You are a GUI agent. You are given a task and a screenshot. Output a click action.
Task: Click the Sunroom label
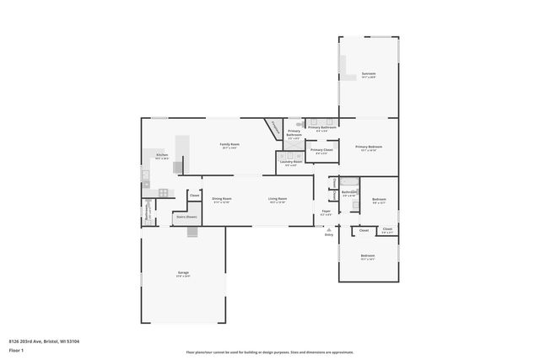pos(368,74)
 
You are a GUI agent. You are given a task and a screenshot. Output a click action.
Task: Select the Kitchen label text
pos(162,155)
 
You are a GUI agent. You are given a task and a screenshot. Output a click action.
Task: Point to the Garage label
pos(183,272)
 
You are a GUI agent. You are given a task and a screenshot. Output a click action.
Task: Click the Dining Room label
pos(221,199)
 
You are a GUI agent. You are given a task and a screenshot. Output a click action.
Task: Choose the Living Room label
pos(278,199)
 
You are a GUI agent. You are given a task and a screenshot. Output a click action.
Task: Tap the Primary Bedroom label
pos(368,147)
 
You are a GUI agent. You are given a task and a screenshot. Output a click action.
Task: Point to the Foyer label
pos(326,211)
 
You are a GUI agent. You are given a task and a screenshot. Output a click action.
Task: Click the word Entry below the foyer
pos(329,234)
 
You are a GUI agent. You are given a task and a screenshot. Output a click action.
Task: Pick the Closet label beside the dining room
pos(194,196)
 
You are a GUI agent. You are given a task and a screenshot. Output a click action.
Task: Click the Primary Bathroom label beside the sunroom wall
pos(321,127)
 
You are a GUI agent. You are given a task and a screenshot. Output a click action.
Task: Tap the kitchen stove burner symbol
pos(163,193)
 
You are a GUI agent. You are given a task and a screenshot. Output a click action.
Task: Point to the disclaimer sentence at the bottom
pos(270,352)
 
